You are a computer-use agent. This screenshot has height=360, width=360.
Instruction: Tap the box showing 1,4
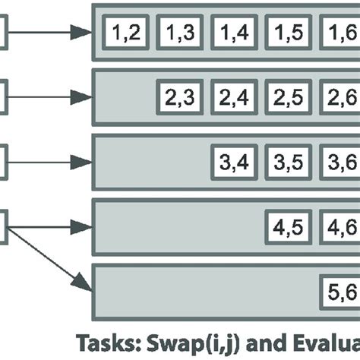[x=233, y=33]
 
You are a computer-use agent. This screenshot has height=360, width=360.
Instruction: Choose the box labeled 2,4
[x=233, y=97]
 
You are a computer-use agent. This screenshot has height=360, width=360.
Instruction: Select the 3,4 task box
[x=233, y=162]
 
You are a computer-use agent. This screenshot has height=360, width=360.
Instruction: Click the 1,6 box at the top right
[x=340, y=33]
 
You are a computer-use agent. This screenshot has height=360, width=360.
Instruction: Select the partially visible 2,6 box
[x=340, y=97]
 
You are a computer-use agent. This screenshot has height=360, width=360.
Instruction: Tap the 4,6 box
[x=340, y=226]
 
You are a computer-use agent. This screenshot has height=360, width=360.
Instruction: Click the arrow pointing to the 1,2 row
[x=50, y=33]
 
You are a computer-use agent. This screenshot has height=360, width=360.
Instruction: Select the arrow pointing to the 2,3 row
[x=50, y=97]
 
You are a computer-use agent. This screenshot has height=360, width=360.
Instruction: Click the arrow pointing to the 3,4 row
[x=50, y=162]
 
